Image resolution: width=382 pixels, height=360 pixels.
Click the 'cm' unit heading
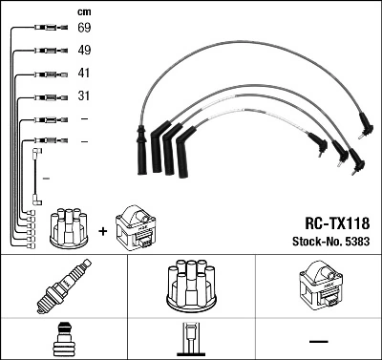(83, 12)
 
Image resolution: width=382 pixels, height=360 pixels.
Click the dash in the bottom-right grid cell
(318, 341)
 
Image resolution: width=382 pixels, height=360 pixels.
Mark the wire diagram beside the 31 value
(43, 96)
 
